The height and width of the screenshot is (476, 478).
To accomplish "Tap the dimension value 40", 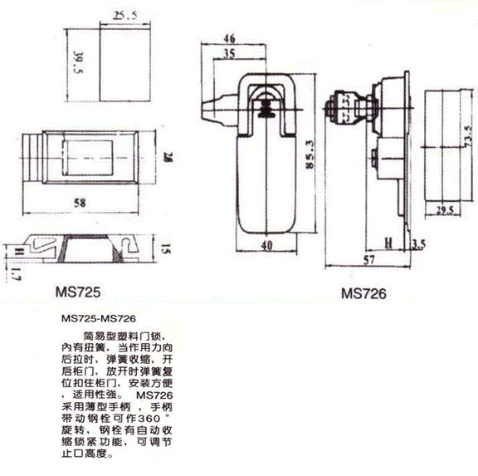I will pyautogui.click(x=266, y=245).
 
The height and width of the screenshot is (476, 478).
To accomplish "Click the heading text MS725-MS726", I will pyautogui.click(x=99, y=318).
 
